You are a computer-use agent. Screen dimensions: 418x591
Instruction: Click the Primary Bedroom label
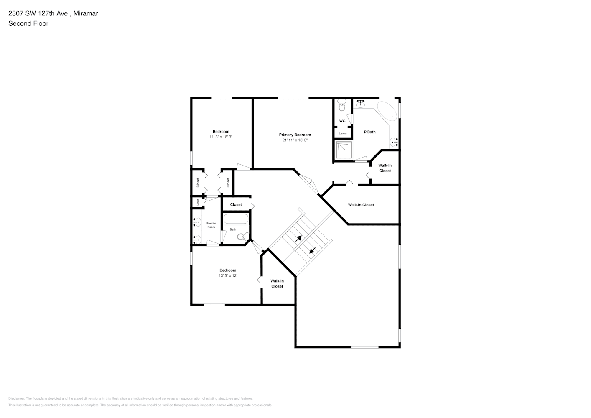295,135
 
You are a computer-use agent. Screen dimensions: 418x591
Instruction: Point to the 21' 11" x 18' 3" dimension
295,140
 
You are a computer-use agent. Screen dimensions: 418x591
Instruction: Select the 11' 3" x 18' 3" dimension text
221,137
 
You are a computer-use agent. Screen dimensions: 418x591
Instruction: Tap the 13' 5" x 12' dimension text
228,276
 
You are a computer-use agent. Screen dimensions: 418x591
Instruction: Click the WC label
342,121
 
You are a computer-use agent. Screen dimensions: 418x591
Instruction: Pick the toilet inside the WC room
342,106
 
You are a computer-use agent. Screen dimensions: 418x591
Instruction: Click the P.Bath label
369,132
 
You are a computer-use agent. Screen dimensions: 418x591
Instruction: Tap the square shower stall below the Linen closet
344,150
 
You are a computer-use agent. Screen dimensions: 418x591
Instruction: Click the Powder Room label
211,225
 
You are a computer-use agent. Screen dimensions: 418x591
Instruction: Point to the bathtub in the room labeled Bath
236,219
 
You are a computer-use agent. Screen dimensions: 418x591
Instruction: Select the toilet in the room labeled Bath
242,237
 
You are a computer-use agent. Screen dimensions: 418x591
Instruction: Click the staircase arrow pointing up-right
298,239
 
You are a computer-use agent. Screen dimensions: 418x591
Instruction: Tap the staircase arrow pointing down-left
312,250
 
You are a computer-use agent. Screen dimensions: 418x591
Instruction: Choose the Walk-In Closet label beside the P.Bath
385,168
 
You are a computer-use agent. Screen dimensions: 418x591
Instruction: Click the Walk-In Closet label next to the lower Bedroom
277,283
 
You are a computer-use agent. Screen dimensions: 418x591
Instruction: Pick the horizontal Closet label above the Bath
236,204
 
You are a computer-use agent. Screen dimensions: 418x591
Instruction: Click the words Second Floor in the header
28,23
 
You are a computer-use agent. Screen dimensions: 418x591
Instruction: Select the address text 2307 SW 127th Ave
38,13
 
